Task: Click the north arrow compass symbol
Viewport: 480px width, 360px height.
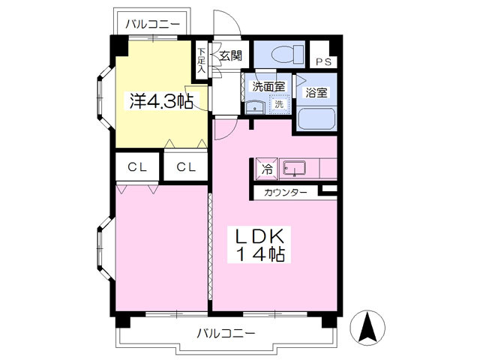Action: coord(368,328)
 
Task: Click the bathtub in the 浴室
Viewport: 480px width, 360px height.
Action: coord(315,119)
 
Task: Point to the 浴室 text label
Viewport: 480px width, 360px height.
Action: coord(315,93)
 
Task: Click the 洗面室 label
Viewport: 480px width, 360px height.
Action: coord(268,86)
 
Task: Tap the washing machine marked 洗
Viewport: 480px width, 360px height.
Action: coord(278,105)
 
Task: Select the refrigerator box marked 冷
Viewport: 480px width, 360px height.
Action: coord(266,169)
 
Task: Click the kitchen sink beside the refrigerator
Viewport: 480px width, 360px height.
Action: coord(295,169)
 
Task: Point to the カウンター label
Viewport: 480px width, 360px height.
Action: coord(285,193)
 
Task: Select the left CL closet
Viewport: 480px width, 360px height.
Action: coord(136,167)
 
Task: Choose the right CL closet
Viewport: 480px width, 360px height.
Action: coord(186,167)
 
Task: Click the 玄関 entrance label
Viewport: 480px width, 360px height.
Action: coord(230,55)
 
